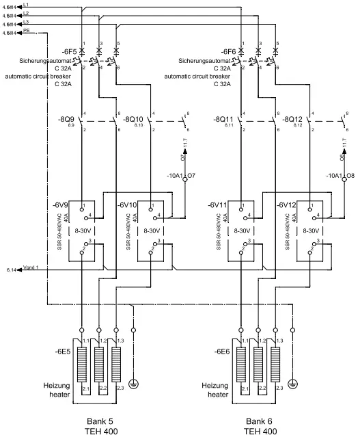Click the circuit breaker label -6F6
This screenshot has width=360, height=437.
click(228, 52)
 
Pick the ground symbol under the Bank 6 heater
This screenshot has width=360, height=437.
click(294, 382)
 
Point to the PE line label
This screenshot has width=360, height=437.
click(26, 30)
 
